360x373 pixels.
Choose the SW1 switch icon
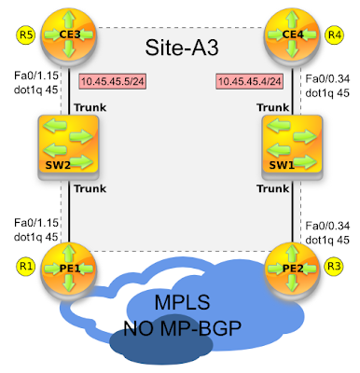click(291, 145)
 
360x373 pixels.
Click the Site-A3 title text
click(184, 47)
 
